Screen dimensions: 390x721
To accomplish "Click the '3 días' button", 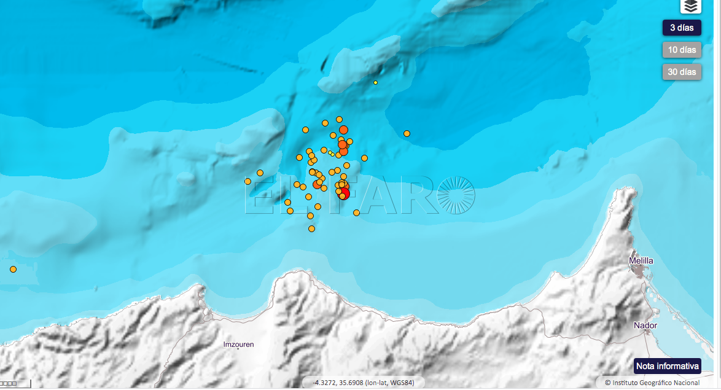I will pos(682,28).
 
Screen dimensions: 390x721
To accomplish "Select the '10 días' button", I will pos(682,50).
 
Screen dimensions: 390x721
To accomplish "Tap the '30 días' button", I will pos(682,72).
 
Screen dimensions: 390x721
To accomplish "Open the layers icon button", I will pos(691,7).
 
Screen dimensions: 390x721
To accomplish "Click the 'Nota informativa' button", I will pos(668,366).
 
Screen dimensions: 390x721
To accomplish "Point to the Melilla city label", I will pos(641,261).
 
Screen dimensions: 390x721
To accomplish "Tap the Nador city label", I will pos(646,326).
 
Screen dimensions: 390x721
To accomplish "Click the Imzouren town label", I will pos(238,345).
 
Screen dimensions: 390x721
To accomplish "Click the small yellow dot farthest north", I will pos(375,82).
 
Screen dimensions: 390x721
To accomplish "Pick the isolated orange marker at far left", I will pos(13,269).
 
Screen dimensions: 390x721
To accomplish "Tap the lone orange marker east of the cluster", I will pos(407,133).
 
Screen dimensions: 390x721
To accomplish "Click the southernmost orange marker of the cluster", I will pos(311,228).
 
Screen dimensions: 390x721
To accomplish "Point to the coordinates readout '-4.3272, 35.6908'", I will pos(364,383).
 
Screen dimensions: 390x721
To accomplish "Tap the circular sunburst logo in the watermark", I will pos(456,195).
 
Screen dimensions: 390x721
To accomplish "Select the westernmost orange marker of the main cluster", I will pos(247,181).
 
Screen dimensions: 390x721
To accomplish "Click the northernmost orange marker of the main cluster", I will pos(339,119).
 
